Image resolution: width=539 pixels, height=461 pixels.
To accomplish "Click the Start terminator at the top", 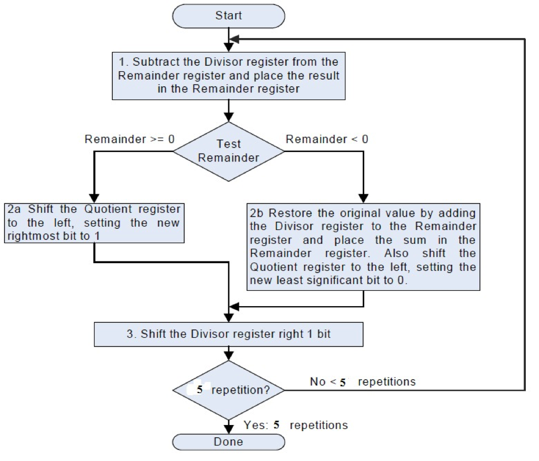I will click(228, 15).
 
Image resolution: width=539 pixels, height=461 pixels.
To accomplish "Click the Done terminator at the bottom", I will click(228, 442).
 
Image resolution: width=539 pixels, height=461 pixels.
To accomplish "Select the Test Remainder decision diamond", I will click(228, 151).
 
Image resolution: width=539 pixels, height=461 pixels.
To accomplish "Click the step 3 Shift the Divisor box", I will click(228, 334).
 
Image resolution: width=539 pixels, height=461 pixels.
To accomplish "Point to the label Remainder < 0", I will click(327, 139).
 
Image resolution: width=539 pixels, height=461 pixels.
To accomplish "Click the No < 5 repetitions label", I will click(363, 382).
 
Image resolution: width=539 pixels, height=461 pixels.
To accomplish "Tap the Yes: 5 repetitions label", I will click(296, 425).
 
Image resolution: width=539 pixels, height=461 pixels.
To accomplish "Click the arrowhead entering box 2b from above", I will click(363, 198).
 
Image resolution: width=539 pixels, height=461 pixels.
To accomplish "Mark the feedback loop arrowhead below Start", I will click(235, 39).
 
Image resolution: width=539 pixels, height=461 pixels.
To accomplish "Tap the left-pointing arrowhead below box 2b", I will click(235, 306).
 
